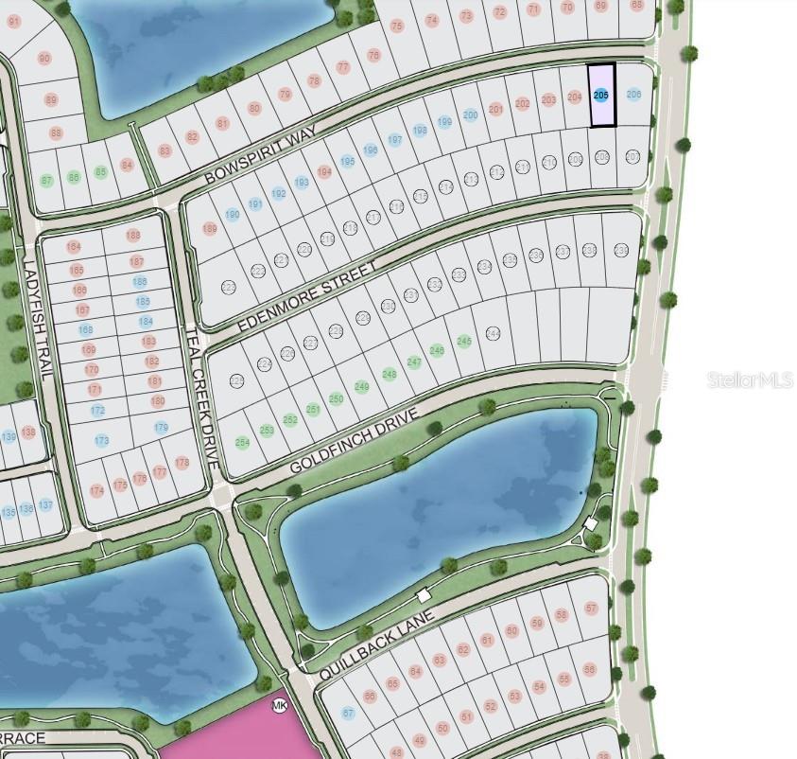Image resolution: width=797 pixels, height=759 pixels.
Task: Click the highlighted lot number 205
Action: [x=601, y=95]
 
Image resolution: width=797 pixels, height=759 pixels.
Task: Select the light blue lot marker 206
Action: [x=633, y=94]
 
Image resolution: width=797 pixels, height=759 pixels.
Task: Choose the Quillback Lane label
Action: [x=375, y=645]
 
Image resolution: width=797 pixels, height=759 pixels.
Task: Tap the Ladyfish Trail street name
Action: [x=33, y=322]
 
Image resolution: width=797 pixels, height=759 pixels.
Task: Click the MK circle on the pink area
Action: [x=279, y=706]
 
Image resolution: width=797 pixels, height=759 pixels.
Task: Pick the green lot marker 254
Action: [x=242, y=442]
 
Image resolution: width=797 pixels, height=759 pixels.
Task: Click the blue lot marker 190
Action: [x=232, y=214]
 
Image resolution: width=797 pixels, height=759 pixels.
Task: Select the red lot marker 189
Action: [x=210, y=229]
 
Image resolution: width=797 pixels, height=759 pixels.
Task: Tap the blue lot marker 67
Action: [x=348, y=713]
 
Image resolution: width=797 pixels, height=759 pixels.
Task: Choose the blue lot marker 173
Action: [x=102, y=440]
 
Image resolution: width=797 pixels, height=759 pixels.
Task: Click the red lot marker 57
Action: [x=592, y=608]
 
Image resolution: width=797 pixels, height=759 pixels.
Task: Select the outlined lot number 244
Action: [x=492, y=334]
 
